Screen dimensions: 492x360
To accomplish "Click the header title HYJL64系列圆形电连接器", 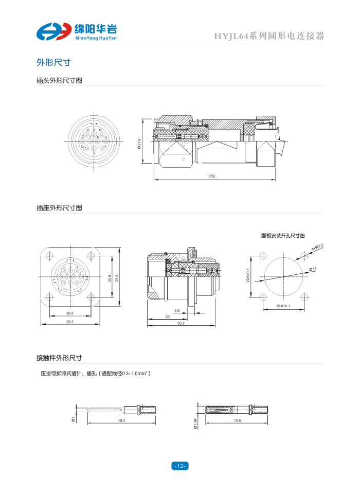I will [269, 37].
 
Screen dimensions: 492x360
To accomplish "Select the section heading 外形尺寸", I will [53, 62].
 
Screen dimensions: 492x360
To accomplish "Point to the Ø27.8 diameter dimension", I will [139, 143].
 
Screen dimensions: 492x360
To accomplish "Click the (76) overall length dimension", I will [212, 177].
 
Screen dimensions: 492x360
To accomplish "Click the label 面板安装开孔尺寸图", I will [283, 235].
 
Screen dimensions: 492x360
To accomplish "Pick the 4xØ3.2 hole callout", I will [317, 248].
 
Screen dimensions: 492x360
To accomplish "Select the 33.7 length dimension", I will [181, 323].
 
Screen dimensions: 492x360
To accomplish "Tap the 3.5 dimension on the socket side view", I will [177, 311].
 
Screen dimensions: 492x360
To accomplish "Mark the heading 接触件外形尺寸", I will [59, 358].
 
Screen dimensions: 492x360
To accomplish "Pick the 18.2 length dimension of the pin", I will [121, 420].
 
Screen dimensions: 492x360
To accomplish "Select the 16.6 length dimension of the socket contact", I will [237, 420].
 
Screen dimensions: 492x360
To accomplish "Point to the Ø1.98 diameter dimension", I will [195, 423].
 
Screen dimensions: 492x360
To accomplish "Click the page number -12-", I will [179, 466].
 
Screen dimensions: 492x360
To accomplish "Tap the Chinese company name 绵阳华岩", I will [96, 29].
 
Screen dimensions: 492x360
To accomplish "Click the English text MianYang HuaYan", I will [96, 38].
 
